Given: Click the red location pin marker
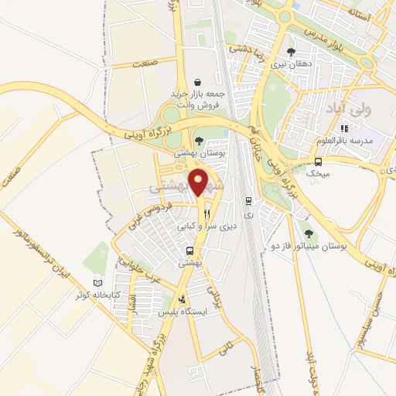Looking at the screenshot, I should pyautogui.click(x=200, y=182).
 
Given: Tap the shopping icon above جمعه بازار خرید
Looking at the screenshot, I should pyautogui.click(x=198, y=81).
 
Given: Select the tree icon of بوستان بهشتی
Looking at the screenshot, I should pyautogui.click(x=200, y=141).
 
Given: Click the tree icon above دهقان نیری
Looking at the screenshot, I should pyautogui.click(x=291, y=51).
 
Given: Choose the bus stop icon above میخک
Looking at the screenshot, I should pyautogui.click(x=318, y=162).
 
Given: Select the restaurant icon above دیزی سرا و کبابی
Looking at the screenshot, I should pyautogui.click(x=207, y=214).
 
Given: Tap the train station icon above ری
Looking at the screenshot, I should pyautogui.click(x=247, y=198).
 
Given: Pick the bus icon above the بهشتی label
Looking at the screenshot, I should pyautogui.click(x=189, y=251).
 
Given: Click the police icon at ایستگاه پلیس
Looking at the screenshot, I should pyautogui.click(x=182, y=300).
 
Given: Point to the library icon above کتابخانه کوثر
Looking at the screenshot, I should pyautogui.click(x=97, y=283).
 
